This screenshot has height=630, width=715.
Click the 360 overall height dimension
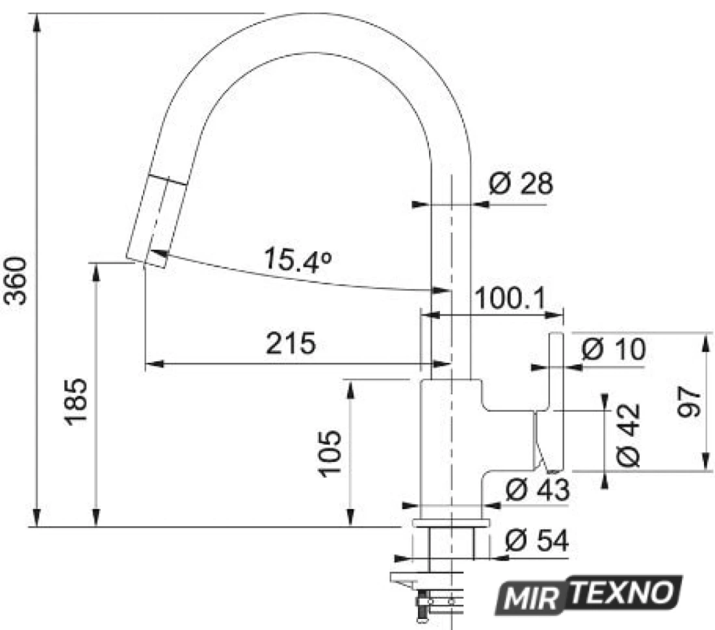tap(16, 281)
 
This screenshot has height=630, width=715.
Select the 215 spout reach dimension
tap(291, 343)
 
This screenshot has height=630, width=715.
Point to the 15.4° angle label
tap(297, 260)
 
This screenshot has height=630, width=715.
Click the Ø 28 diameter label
tap(521, 183)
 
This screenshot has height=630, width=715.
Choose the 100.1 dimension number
tap(510, 299)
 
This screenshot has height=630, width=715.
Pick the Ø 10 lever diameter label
tap(614, 349)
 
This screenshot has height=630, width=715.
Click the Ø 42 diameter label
tap(629, 435)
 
